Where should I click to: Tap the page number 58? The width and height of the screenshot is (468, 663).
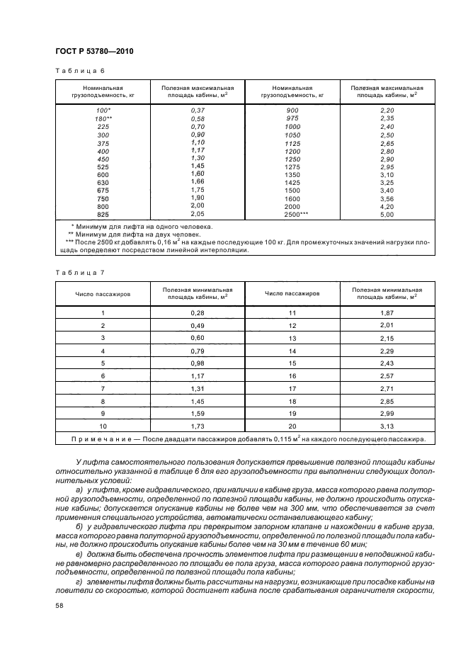[x=59, y=606]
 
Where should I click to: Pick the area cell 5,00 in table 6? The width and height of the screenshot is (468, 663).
[x=387, y=213]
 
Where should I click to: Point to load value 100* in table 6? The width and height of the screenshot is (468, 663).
[x=103, y=110]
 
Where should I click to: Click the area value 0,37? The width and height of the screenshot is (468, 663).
[x=198, y=110]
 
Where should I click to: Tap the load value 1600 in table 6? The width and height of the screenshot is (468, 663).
[x=292, y=198]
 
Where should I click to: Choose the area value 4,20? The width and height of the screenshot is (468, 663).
[x=387, y=205]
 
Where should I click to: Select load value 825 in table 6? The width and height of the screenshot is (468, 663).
[x=103, y=213]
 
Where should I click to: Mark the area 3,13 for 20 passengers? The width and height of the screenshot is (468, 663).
[x=387, y=426]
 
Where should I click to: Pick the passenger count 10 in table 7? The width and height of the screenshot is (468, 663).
[x=103, y=426]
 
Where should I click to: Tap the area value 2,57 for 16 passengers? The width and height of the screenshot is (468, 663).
[x=387, y=375]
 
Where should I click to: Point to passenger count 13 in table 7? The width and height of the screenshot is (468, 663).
[x=292, y=338]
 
